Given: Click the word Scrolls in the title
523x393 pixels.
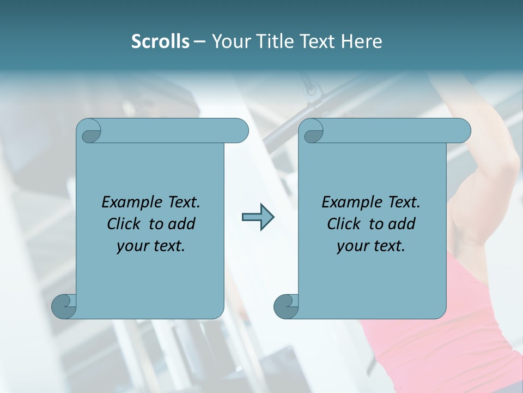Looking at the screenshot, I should point(161,41).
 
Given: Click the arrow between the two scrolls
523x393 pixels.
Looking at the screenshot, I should point(258,217).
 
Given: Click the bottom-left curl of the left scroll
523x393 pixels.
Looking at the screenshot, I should point(63,306).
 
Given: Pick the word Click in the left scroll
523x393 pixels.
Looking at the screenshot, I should point(123,224).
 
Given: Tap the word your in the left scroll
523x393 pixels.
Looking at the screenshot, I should point(132,246).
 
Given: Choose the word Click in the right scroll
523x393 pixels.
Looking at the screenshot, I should point(343,224).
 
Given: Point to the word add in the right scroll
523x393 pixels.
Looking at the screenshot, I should point(402,224).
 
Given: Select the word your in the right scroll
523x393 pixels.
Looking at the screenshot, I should point(352,246).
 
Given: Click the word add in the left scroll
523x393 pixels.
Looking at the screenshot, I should point(182,224).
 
